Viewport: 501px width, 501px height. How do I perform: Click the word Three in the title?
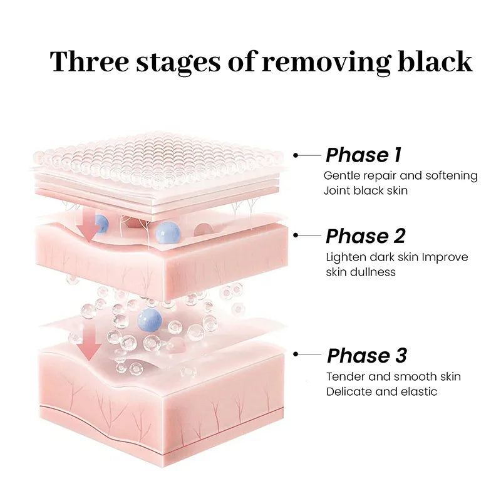[90, 61]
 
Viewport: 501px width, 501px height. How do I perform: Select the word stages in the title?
[178, 63]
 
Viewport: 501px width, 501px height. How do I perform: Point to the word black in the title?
[435, 61]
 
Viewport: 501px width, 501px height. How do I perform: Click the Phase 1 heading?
[363, 155]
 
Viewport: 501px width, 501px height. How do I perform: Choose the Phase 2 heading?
[365, 236]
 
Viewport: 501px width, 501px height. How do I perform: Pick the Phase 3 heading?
[367, 355]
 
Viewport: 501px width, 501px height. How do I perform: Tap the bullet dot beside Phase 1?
[296, 155]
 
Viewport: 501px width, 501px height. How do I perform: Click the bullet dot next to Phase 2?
[296, 235]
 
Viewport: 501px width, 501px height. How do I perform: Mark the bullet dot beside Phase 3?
[296, 354]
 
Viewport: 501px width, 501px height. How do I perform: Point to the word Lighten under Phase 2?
[346, 257]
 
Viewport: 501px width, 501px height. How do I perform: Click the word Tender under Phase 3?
[346, 377]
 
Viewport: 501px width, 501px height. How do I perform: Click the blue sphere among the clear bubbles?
[149, 320]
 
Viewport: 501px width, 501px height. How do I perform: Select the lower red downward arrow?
[89, 343]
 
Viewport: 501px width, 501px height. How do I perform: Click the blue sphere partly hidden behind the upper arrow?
[101, 224]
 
